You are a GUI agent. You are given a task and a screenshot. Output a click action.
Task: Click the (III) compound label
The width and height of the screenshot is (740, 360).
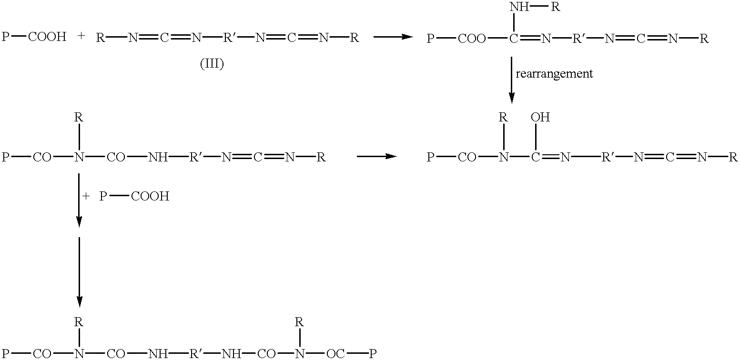click(x=212, y=64)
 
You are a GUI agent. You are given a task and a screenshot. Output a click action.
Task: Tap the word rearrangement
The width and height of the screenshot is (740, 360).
click(x=554, y=74)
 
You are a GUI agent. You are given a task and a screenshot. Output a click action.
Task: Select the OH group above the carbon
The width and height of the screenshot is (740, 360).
click(x=540, y=117)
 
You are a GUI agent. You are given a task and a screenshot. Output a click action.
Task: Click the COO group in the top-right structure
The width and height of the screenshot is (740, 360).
click(x=472, y=39)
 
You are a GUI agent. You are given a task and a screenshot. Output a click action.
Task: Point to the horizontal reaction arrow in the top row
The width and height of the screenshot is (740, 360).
click(x=393, y=37)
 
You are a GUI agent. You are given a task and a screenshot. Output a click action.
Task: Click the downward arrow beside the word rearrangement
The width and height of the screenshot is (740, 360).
click(x=512, y=80)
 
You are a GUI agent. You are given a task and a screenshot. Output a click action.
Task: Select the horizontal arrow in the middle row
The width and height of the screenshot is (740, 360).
click(x=377, y=156)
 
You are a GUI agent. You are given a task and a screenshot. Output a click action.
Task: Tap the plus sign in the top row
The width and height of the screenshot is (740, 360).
click(x=81, y=36)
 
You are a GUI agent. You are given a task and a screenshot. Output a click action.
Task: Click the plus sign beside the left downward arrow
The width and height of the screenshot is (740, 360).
click(x=86, y=196)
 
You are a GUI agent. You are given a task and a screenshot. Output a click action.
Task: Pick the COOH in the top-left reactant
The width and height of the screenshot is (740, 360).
click(x=47, y=37)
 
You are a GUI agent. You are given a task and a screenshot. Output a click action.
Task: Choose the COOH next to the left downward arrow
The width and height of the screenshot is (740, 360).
click(x=150, y=197)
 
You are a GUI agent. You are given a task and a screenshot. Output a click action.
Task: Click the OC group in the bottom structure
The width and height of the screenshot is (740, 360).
click(x=335, y=354)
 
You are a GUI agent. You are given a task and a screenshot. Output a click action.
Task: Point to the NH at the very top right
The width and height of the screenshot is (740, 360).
click(x=519, y=7)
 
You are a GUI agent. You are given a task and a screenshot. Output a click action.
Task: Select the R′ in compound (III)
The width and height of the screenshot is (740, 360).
click(x=228, y=38)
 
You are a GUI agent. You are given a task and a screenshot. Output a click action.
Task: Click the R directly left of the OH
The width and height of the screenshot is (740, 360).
click(x=503, y=117)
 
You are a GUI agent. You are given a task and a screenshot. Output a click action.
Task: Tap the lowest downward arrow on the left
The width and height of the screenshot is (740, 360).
click(x=79, y=272)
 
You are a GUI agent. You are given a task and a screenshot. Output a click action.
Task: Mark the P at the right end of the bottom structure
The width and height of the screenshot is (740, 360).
click(x=373, y=354)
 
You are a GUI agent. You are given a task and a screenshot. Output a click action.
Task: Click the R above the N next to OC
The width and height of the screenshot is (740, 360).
click(x=299, y=322)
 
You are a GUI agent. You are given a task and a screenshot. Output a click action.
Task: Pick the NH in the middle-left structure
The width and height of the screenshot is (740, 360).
click(x=158, y=157)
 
